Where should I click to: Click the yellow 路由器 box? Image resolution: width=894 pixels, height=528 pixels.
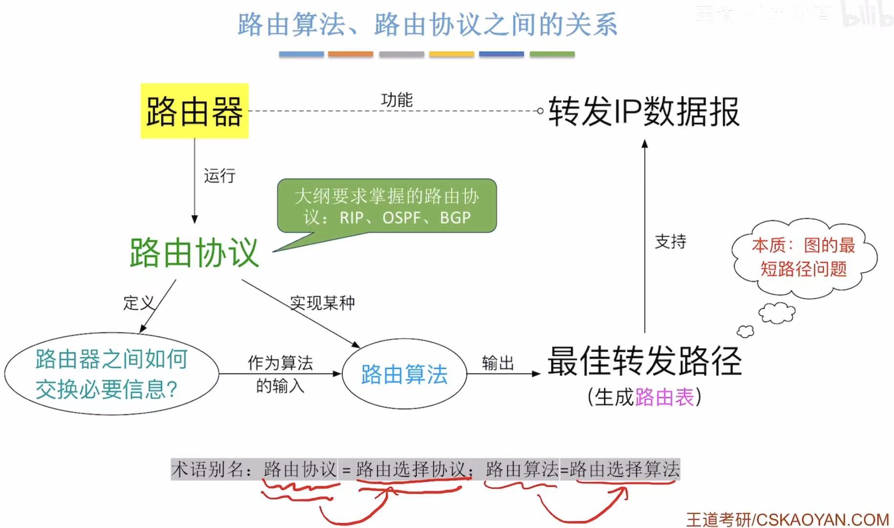[x=195, y=111]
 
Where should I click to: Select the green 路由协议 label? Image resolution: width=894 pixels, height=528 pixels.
[x=194, y=253]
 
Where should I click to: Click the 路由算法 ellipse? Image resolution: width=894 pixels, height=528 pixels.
[x=404, y=374]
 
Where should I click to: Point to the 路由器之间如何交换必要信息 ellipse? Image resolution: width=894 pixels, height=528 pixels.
[x=111, y=374]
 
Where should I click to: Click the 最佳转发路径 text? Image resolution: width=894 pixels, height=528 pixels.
[x=644, y=361]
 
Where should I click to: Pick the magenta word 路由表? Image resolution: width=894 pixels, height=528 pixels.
[x=665, y=397]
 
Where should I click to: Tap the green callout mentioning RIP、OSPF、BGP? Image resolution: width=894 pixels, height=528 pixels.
[x=387, y=206]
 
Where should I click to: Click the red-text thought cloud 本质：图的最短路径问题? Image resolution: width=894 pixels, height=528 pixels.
[x=804, y=257]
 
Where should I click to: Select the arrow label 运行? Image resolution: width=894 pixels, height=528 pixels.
[x=219, y=176]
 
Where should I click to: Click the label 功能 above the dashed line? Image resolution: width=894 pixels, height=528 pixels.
[x=397, y=100]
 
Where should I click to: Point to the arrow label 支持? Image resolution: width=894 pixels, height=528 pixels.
[x=671, y=241]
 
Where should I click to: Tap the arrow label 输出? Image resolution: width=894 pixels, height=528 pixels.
[x=498, y=363]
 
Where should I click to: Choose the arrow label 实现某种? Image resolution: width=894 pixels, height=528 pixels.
[x=323, y=303]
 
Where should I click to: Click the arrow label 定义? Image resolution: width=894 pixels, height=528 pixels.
[x=138, y=303]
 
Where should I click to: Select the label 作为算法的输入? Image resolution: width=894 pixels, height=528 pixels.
[x=280, y=374]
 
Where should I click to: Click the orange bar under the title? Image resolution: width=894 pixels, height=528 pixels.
[x=350, y=54]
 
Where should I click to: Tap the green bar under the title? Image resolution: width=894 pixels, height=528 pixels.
[x=552, y=54]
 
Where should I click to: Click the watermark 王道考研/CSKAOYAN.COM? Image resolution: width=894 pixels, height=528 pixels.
[x=787, y=519]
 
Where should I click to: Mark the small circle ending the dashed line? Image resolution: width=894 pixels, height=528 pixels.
[x=540, y=111]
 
